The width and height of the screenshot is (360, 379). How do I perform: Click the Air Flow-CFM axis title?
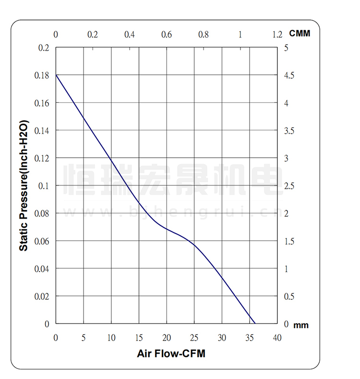click(171, 354)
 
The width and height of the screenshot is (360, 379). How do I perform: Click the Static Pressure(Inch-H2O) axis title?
click(24, 186)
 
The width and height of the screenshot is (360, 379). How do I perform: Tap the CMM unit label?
click(300, 34)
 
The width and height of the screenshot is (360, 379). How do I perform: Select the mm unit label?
click(301, 326)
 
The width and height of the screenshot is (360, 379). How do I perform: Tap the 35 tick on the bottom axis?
click(249, 338)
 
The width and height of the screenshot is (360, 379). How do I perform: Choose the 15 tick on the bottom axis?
click(139, 338)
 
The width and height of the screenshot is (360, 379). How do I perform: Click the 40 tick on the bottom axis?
click(277, 338)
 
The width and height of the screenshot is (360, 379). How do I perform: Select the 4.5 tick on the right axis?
click(289, 75)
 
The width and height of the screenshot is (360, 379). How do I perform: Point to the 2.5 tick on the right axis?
click(289, 186)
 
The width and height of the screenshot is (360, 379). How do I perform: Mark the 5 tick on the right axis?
click(286, 48)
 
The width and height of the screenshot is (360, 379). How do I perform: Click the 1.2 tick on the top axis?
click(277, 35)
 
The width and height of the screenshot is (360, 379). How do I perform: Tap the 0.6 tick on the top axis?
click(166, 35)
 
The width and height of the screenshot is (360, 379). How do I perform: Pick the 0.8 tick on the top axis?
click(204, 35)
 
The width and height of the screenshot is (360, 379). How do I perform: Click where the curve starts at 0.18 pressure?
click(56, 75)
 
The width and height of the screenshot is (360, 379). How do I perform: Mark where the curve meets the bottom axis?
click(255, 323)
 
